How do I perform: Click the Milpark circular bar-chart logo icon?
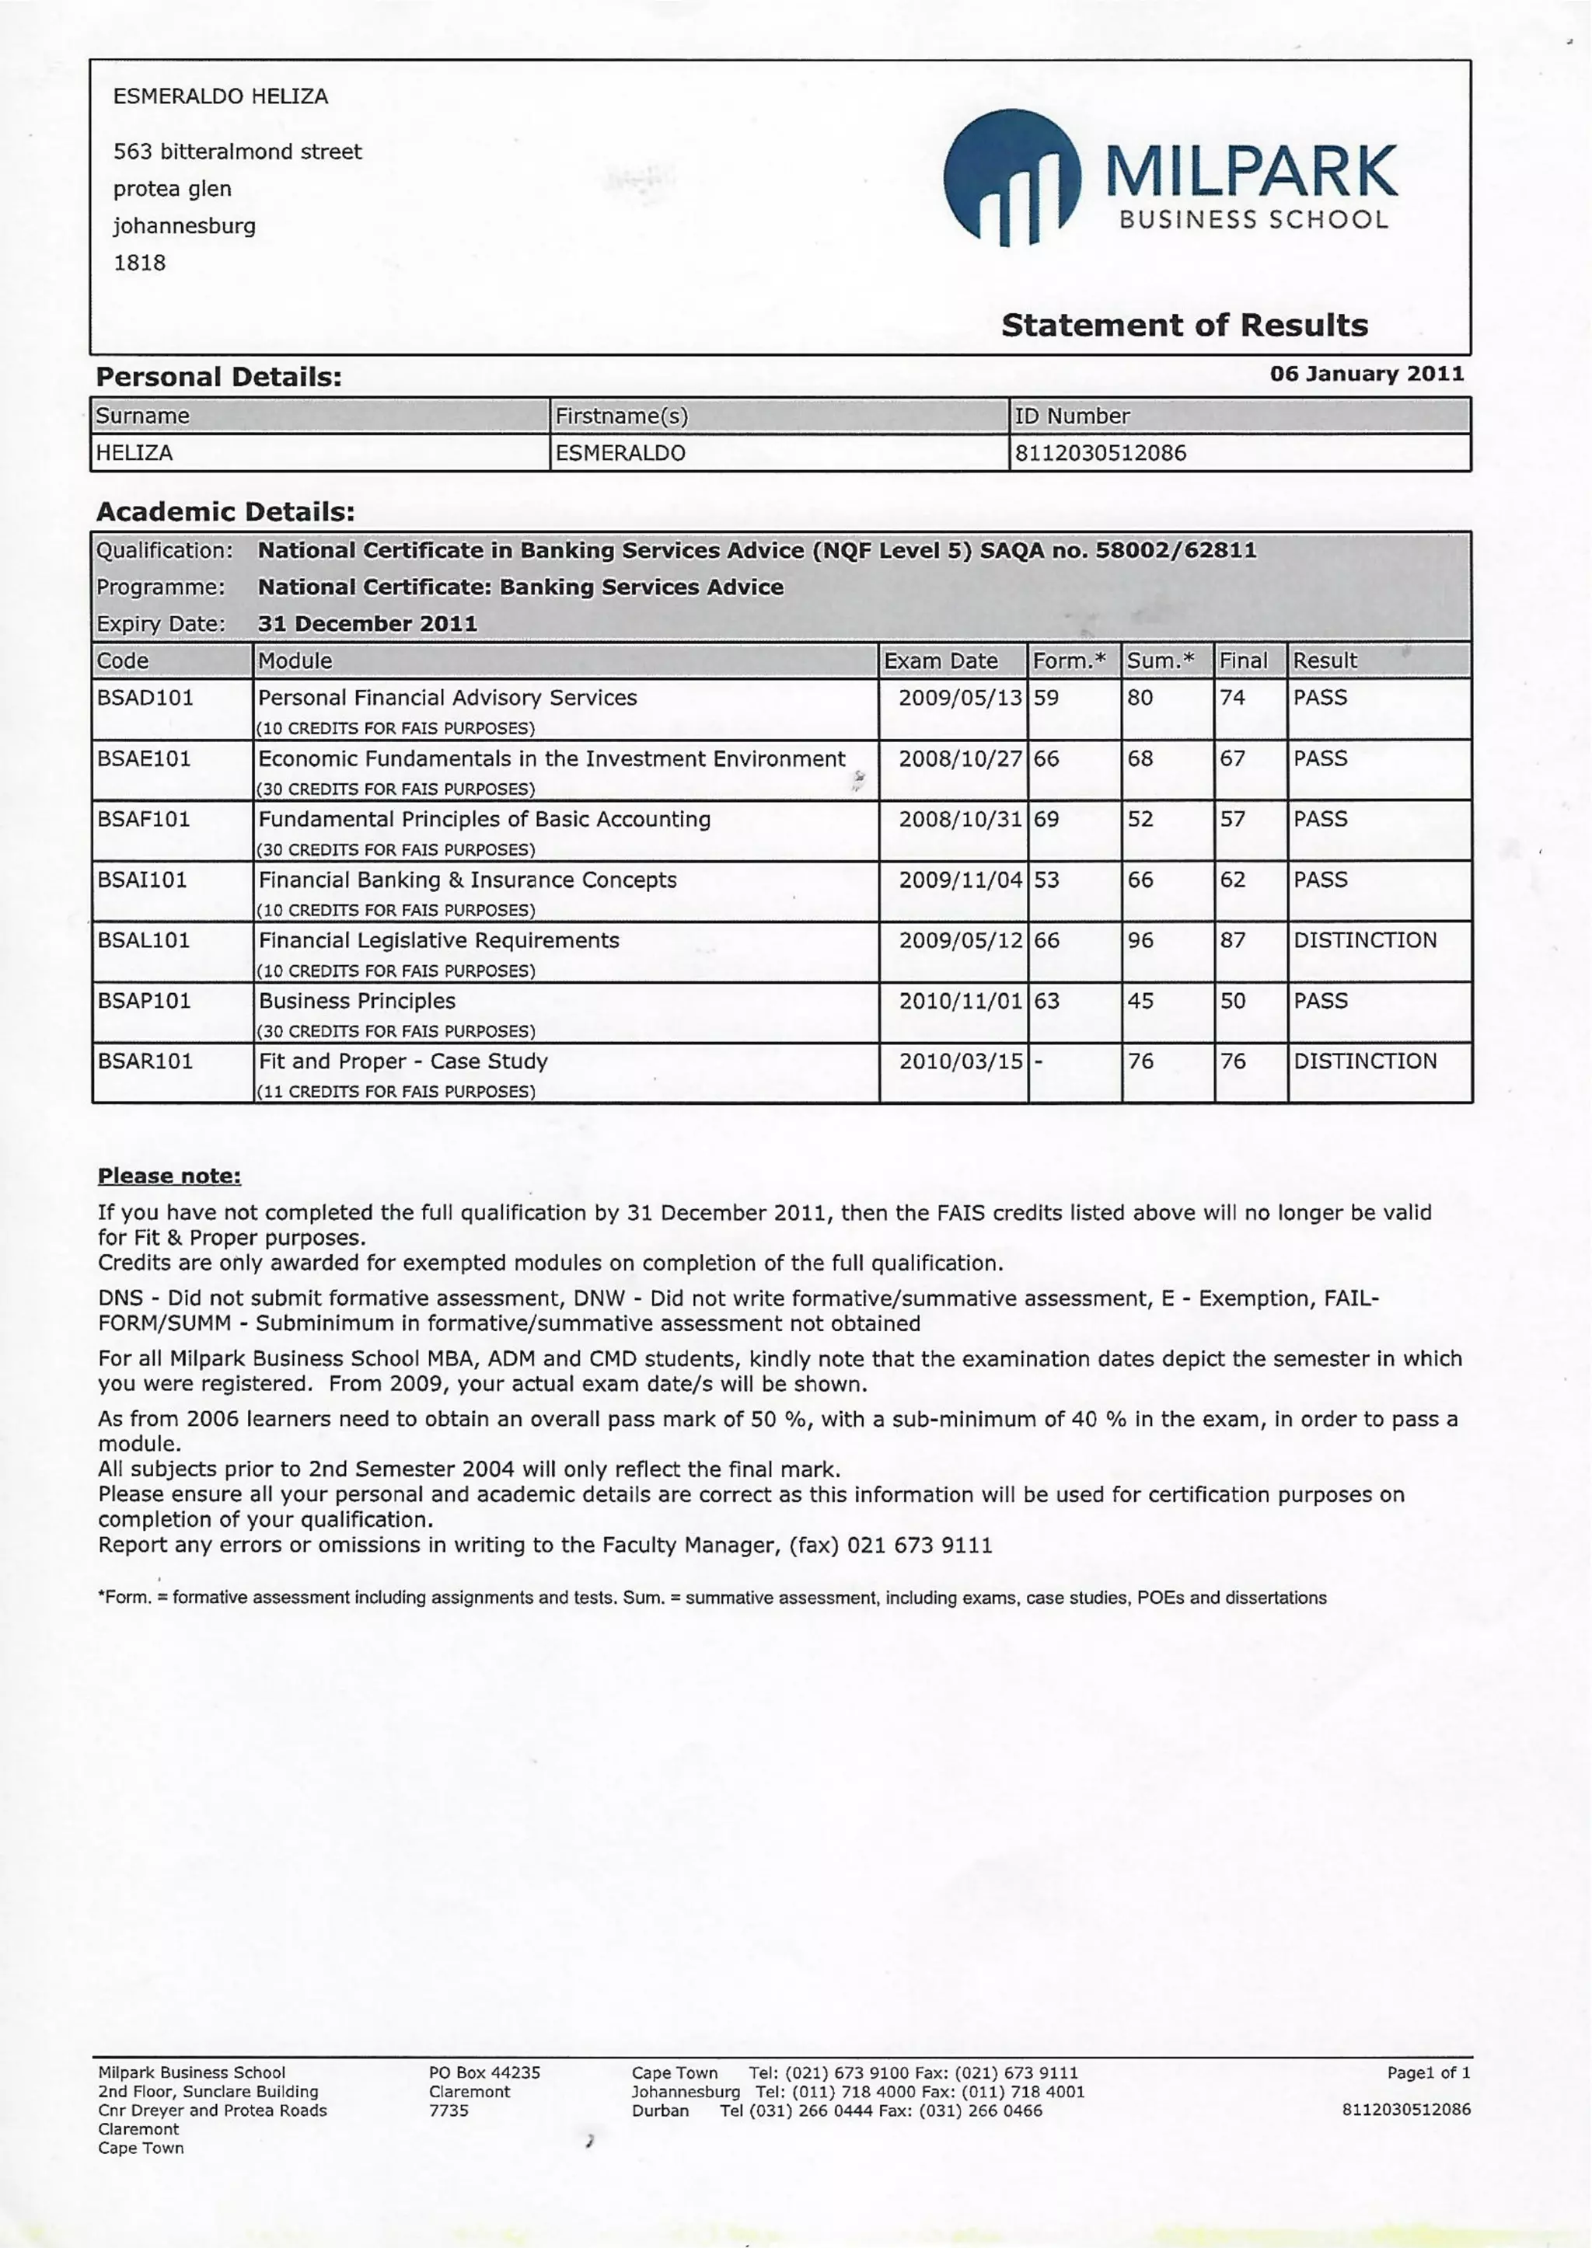coord(1011,177)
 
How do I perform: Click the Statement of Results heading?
coord(1183,326)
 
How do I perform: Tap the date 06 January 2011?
coord(1366,373)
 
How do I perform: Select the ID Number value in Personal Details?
coord(1100,453)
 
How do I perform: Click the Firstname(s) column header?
coord(622,416)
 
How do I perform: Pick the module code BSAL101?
coord(144,939)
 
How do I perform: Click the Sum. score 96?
coord(1140,939)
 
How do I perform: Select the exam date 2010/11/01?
coord(960,1001)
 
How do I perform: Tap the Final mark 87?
coord(1232,939)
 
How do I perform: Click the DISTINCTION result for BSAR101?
coord(1364,1061)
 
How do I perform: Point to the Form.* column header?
coord(1069,660)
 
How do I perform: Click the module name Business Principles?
coord(357,1001)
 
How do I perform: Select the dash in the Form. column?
coord(1038,1061)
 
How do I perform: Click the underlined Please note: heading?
coord(169,1175)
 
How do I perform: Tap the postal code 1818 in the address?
coord(139,263)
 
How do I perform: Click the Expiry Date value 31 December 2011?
coord(367,623)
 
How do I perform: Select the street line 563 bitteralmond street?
coord(237,152)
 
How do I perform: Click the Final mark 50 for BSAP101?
coord(1232,1001)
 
